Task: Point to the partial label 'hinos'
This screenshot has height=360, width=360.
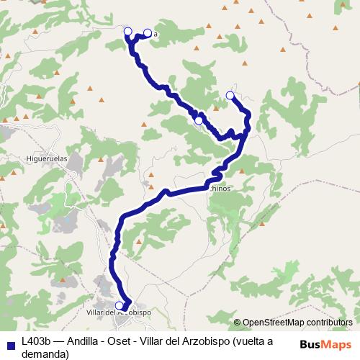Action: (222, 189)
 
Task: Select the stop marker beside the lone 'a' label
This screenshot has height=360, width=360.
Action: (148, 32)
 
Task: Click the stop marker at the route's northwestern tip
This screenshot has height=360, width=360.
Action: (128, 31)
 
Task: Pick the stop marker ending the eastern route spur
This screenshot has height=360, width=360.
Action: (230, 95)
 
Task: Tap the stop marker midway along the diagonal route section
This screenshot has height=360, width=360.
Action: (199, 120)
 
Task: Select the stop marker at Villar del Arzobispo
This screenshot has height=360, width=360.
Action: (120, 305)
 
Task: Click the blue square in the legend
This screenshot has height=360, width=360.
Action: (9, 343)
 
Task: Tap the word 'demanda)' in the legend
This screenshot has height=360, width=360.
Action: (45, 354)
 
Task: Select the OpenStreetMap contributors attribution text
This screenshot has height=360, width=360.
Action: (299, 323)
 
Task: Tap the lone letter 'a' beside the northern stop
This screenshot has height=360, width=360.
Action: (155, 33)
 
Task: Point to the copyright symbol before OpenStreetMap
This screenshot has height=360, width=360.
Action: (238, 323)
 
